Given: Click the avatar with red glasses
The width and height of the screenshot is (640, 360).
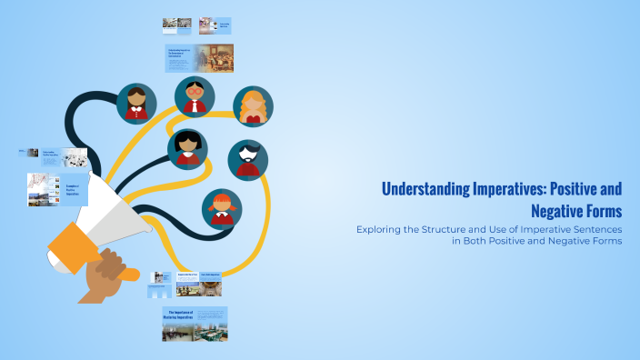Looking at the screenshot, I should tap(194, 95).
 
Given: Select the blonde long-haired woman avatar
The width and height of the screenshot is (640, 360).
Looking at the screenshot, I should tap(252, 106).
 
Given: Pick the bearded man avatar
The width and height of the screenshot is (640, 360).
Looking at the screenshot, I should tap(247, 158).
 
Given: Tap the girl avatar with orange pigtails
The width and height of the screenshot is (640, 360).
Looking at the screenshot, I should tap(221, 207).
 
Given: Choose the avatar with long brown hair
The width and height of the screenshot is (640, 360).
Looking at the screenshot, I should tap(137, 103).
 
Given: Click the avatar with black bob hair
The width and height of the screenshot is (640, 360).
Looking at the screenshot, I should tap(187, 148).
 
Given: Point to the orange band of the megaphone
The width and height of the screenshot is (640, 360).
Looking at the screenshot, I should tap(71, 247).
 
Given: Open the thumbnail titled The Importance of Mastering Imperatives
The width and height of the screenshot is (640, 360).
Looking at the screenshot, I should tap(195, 324).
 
